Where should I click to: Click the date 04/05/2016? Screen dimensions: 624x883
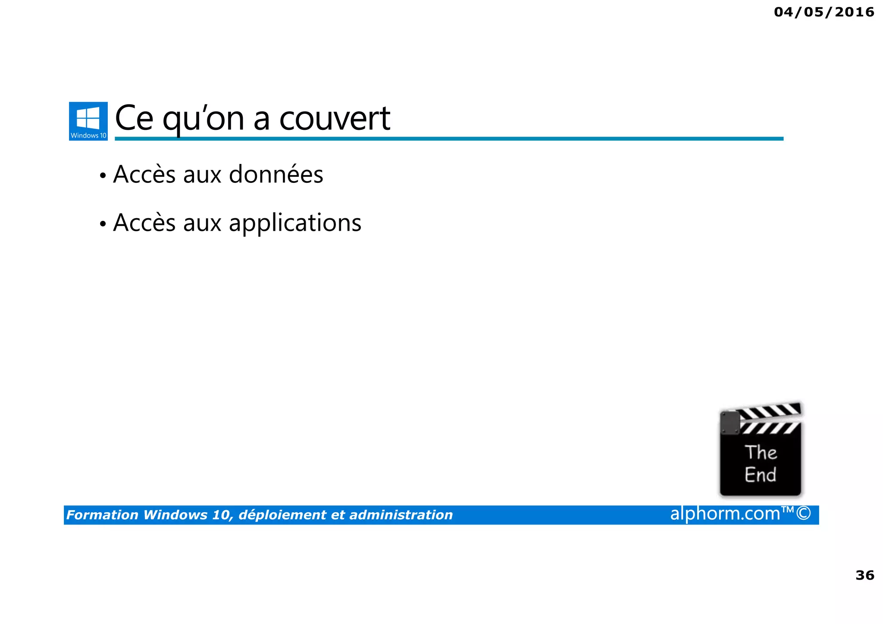(824, 12)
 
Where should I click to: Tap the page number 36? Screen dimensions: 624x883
(864, 575)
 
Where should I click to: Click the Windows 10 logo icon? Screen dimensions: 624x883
(88, 121)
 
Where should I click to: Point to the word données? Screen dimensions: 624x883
(276, 174)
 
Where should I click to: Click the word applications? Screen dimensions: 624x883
(295, 223)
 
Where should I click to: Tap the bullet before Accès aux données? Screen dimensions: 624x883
(103, 176)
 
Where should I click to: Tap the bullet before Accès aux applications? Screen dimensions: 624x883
(103, 224)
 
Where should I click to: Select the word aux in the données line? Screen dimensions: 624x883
(202, 175)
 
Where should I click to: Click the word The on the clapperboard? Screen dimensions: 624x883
(761, 452)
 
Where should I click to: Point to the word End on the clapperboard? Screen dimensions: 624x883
(760, 475)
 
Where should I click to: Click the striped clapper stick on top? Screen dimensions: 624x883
(770, 411)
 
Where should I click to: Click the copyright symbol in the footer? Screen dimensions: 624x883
(804, 514)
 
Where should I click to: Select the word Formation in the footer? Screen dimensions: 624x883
(102, 515)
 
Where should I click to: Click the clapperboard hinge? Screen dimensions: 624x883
(730, 423)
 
